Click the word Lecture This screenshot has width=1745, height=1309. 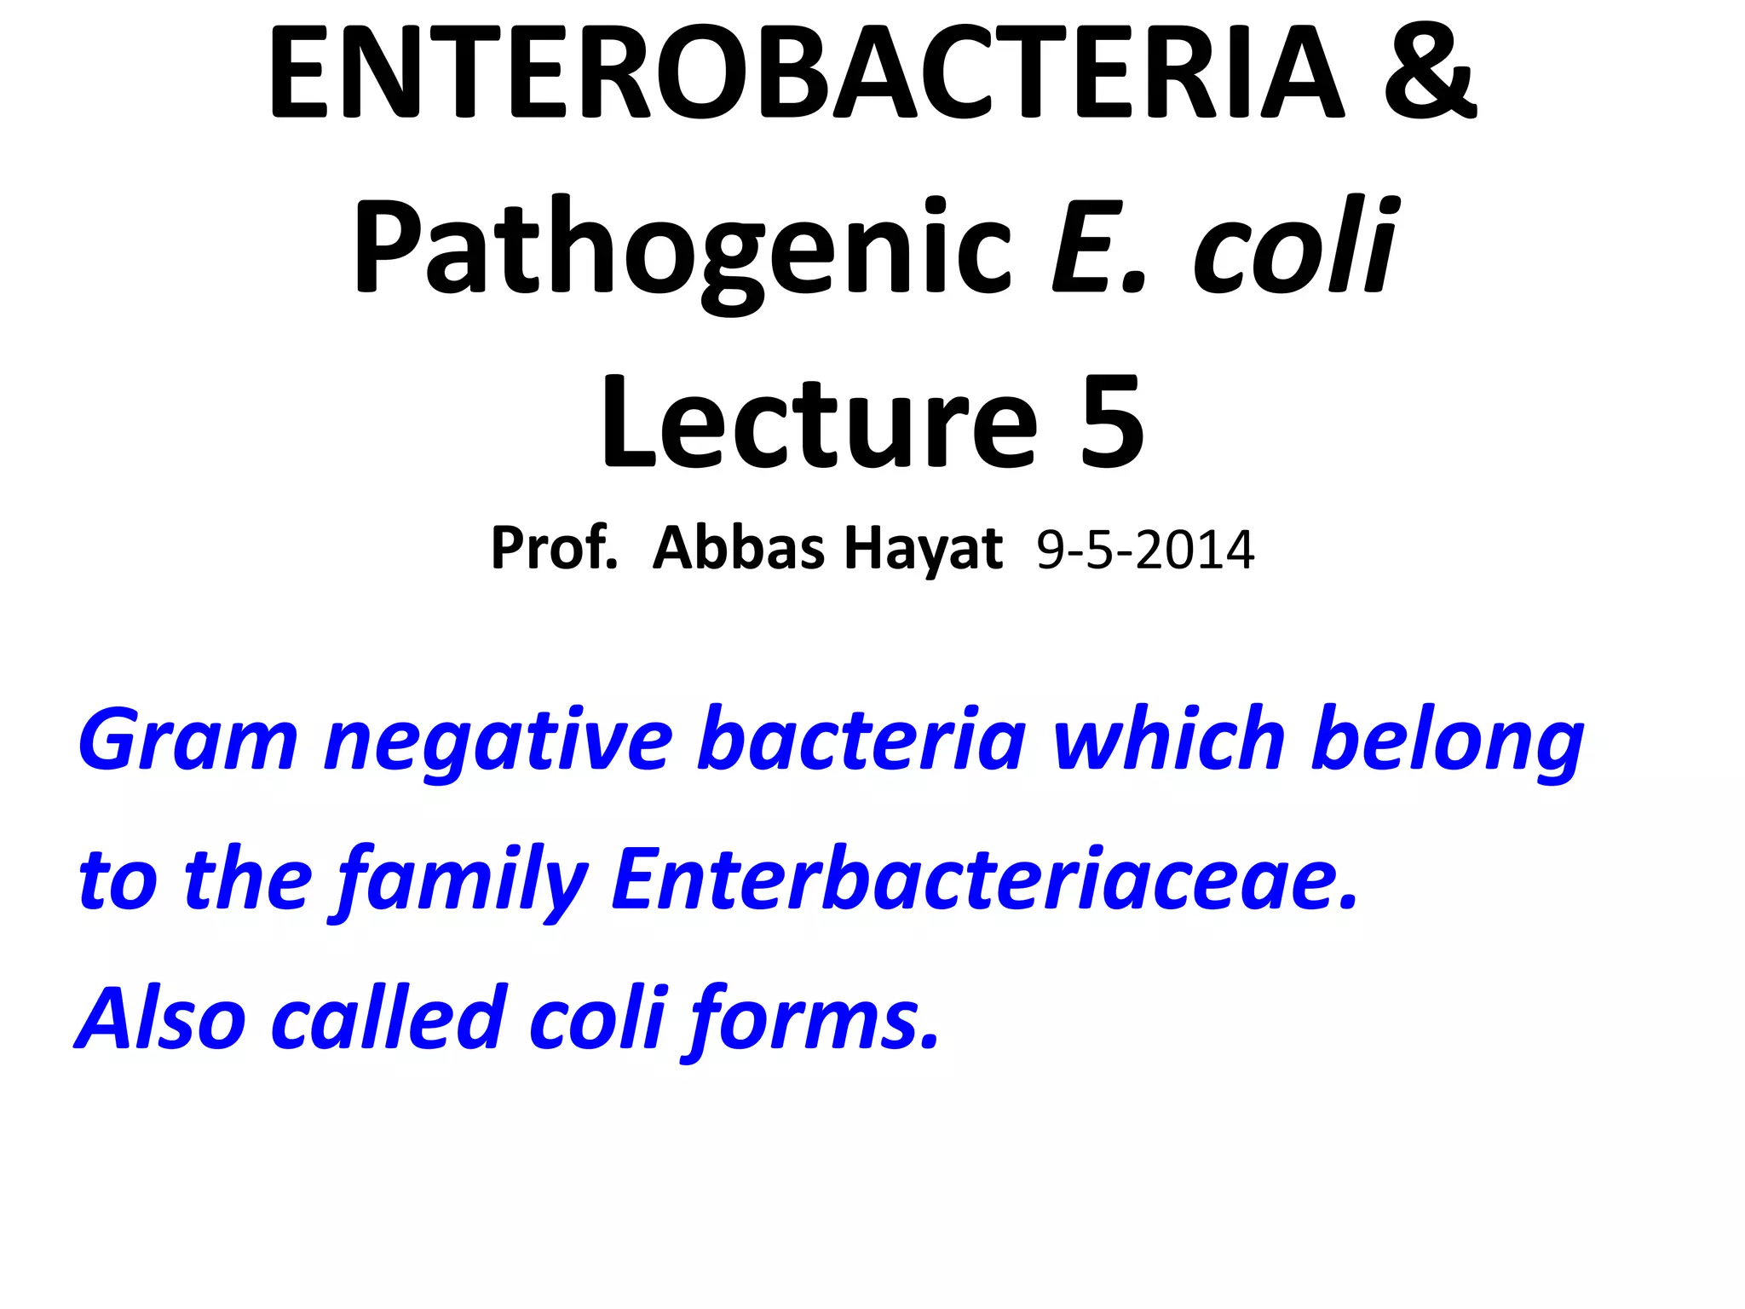coord(819,424)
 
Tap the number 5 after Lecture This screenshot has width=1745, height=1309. coord(1111,424)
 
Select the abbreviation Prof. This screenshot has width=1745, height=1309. coord(554,548)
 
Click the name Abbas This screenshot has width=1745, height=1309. coord(738,548)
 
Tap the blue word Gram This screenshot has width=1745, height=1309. coord(187,740)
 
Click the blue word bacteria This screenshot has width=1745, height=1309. coord(861,740)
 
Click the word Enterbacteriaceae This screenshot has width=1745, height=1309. coord(984,879)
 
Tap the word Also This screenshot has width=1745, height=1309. coord(162,1019)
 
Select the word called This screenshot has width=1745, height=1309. coord(389,1019)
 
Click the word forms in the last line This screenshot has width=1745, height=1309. coord(814,1019)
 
